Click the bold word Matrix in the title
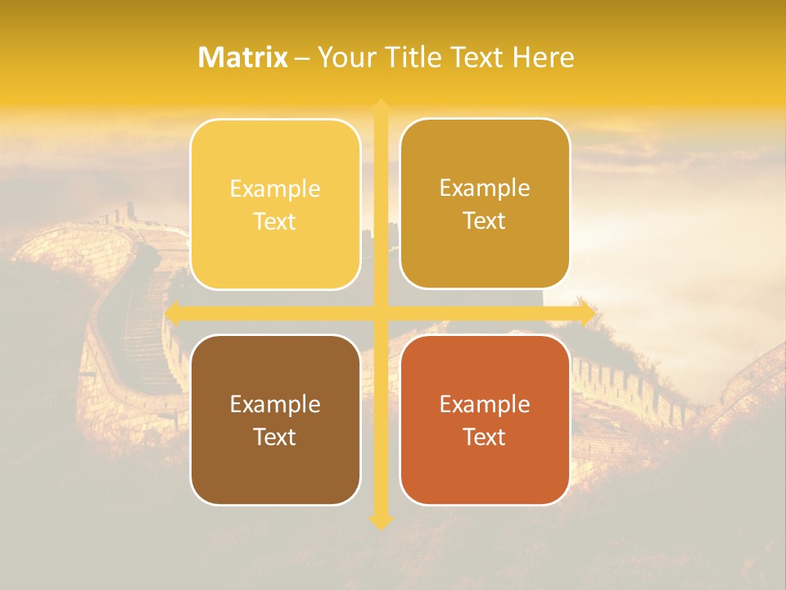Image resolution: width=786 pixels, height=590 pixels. (x=243, y=57)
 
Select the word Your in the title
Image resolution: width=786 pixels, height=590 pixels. (x=342, y=57)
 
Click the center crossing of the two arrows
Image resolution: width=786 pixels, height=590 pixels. (x=381, y=313)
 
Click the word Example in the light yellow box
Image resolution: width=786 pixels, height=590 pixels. (x=275, y=189)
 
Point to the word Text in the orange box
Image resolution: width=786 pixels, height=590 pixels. (x=485, y=437)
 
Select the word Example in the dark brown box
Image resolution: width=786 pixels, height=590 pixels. (x=275, y=404)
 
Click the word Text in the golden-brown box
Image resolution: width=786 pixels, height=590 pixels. (x=485, y=221)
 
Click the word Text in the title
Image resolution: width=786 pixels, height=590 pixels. (x=477, y=57)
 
